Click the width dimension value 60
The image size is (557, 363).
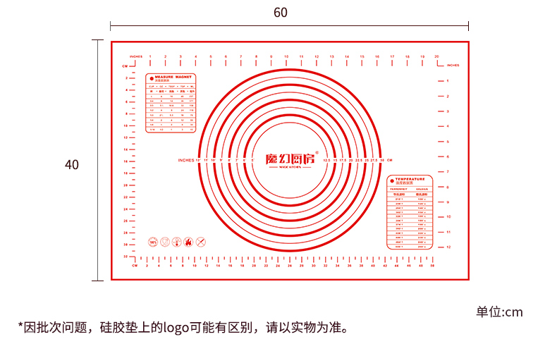click(x=281, y=12)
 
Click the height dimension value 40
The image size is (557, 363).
click(x=72, y=164)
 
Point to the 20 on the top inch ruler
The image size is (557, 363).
click(x=436, y=56)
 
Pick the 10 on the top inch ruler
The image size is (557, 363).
click(x=286, y=56)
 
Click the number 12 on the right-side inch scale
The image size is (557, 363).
click(x=448, y=247)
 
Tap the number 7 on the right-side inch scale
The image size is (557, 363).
click(x=448, y=171)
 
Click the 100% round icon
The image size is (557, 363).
click(x=152, y=242)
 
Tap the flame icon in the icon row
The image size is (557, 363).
click(x=188, y=242)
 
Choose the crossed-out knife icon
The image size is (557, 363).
click(x=200, y=242)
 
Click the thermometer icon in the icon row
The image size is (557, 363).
click(x=176, y=242)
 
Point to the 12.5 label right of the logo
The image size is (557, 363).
click(x=326, y=161)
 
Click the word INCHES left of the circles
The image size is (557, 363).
click(x=186, y=161)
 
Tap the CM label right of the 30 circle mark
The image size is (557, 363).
click(x=389, y=161)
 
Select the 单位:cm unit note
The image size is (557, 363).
click(x=499, y=312)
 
